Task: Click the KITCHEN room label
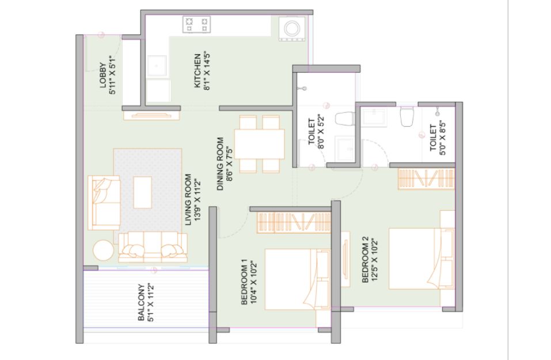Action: pyautogui.click(x=197, y=71)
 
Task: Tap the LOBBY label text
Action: pyautogui.click(x=102, y=75)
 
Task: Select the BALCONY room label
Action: pyautogui.click(x=142, y=302)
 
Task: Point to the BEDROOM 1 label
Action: pyautogui.click(x=245, y=282)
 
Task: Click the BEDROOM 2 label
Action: pyautogui.click(x=365, y=259)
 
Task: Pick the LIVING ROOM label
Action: pyautogui.click(x=188, y=199)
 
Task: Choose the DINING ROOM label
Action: pyautogui.click(x=221, y=164)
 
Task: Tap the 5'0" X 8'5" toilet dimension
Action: pyautogui.click(x=442, y=138)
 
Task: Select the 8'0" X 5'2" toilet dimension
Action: pyautogui.click(x=321, y=131)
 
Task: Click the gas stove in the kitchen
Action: pyautogui.click(x=196, y=25)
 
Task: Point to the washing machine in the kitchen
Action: pyautogui.click(x=292, y=28)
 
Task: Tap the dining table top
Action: pyautogui.click(x=260, y=144)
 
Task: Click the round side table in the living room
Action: pyautogui.click(x=103, y=251)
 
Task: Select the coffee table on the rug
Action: pyautogui.click(x=143, y=192)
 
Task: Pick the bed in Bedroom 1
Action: pyautogui.click(x=298, y=279)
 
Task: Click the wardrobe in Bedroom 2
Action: pyautogui.click(x=426, y=179)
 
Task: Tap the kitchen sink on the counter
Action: pyautogui.click(x=157, y=66)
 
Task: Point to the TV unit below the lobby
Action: pyautogui.click(x=151, y=116)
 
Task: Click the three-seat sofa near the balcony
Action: pyautogui.click(x=153, y=247)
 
